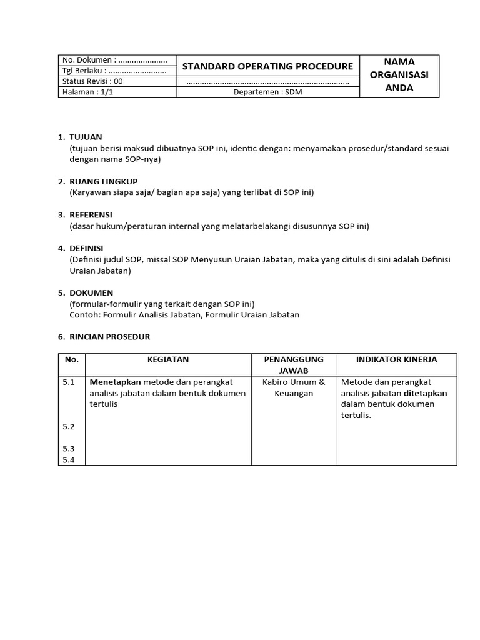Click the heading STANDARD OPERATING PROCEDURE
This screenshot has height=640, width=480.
267,66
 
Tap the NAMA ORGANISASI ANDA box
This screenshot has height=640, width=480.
399,75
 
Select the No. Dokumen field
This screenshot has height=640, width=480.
114,60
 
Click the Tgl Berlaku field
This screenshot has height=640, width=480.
114,71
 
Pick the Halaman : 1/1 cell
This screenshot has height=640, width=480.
87,92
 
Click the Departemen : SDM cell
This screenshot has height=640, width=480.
267,92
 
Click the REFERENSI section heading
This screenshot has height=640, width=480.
91,214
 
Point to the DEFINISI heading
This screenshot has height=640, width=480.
86,248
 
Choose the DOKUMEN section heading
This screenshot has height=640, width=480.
91,292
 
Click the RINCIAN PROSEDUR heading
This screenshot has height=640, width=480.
109,337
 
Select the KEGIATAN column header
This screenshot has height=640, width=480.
168,359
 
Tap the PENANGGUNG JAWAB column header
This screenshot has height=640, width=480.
294,365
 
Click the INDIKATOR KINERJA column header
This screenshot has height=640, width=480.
396,359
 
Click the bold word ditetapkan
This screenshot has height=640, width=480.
426,393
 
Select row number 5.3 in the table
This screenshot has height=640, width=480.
69,448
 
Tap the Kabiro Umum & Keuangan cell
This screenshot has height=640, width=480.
294,387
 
